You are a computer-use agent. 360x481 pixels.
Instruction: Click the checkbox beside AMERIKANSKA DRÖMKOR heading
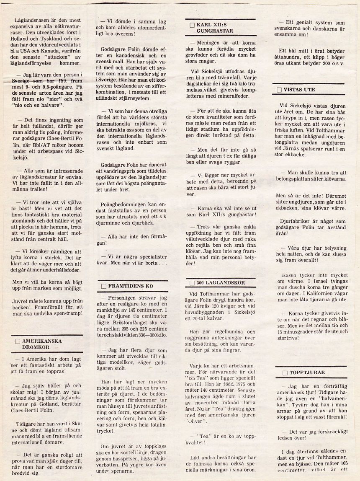(17, 341)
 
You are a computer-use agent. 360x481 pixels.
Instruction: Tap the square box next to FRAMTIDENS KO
(104, 286)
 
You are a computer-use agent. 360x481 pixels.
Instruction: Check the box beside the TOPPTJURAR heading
(285, 373)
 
